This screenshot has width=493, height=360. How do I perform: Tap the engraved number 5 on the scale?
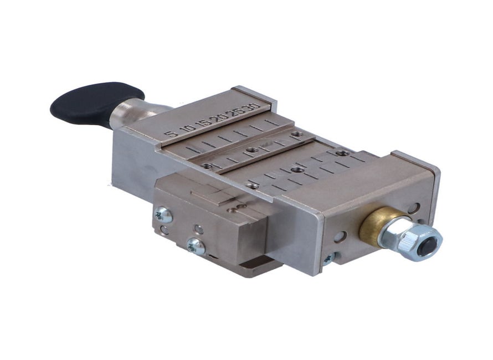173,133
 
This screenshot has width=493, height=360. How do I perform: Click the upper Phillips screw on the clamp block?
163,214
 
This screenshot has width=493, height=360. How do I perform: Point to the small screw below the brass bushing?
328,258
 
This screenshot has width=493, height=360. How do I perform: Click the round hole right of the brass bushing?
412,208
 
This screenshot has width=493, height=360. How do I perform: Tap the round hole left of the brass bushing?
340,236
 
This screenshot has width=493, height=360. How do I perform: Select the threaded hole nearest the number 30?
297,134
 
